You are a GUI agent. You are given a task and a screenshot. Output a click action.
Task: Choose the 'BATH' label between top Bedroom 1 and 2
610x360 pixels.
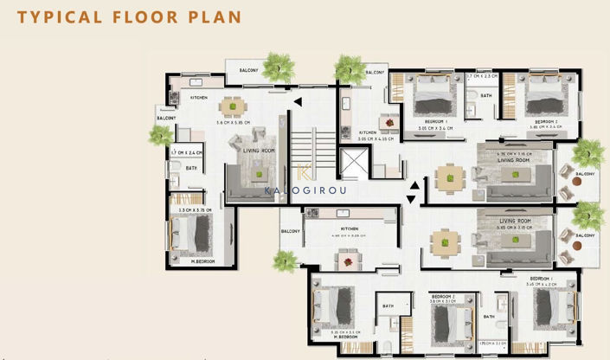coord(485,96)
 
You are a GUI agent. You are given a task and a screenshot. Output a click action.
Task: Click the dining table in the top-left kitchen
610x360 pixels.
coord(231,106)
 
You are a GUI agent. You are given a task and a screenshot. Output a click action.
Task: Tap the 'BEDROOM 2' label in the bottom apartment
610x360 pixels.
coord(444,295)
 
